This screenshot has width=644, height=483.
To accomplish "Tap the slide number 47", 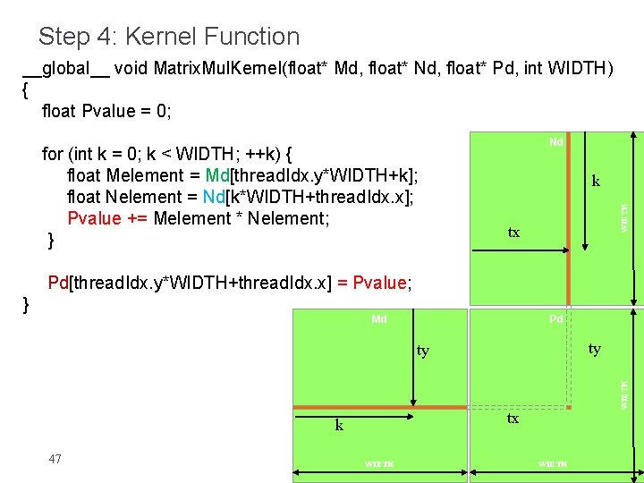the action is (x=55, y=459).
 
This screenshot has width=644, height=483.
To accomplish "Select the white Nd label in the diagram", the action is (x=555, y=142).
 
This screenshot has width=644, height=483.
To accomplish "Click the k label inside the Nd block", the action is (x=596, y=182).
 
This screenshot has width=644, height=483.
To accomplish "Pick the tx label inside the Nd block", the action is (x=513, y=233).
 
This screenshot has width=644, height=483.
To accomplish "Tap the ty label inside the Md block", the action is (x=422, y=351).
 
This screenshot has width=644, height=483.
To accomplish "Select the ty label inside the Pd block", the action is (x=594, y=349).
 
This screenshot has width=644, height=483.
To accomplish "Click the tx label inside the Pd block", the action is (x=513, y=419).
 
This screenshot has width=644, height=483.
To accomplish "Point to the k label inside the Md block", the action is (x=339, y=426).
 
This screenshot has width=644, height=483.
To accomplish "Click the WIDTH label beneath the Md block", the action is (x=379, y=463).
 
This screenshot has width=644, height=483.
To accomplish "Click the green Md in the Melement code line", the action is (x=217, y=175).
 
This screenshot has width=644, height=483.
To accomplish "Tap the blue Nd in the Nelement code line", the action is (x=214, y=197).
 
